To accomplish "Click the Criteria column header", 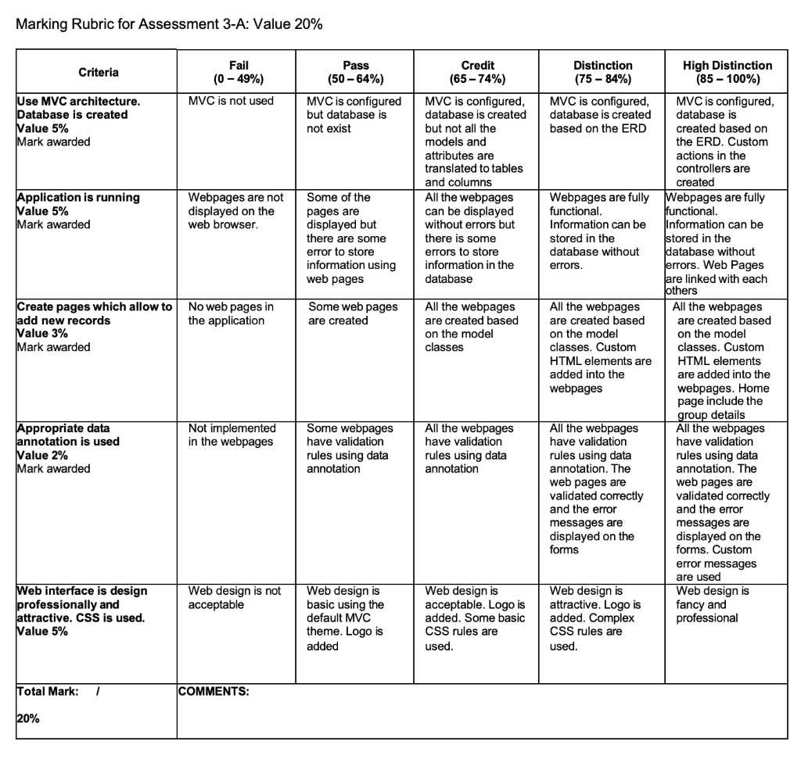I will pyautogui.click(x=99, y=73).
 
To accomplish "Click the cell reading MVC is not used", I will pyautogui.click(x=231, y=102).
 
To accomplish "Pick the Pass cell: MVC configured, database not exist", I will pyautogui.click(x=354, y=115).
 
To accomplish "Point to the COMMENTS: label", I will pyautogui.click(x=213, y=691).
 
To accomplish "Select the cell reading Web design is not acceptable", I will pyautogui.click(x=234, y=598).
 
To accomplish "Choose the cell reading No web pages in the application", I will pyautogui.click(x=231, y=313).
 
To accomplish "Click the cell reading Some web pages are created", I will pyautogui.click(x=353, y=313).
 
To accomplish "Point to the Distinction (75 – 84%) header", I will pyautogui.click(x=602, y=73).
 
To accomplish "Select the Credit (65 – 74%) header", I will pyautogui.click(x=477, y=73).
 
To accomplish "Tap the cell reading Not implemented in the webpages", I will pyautogui.click(x=232, y=435).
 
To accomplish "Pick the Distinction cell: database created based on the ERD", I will pyautogui.click(x=600, y=115).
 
